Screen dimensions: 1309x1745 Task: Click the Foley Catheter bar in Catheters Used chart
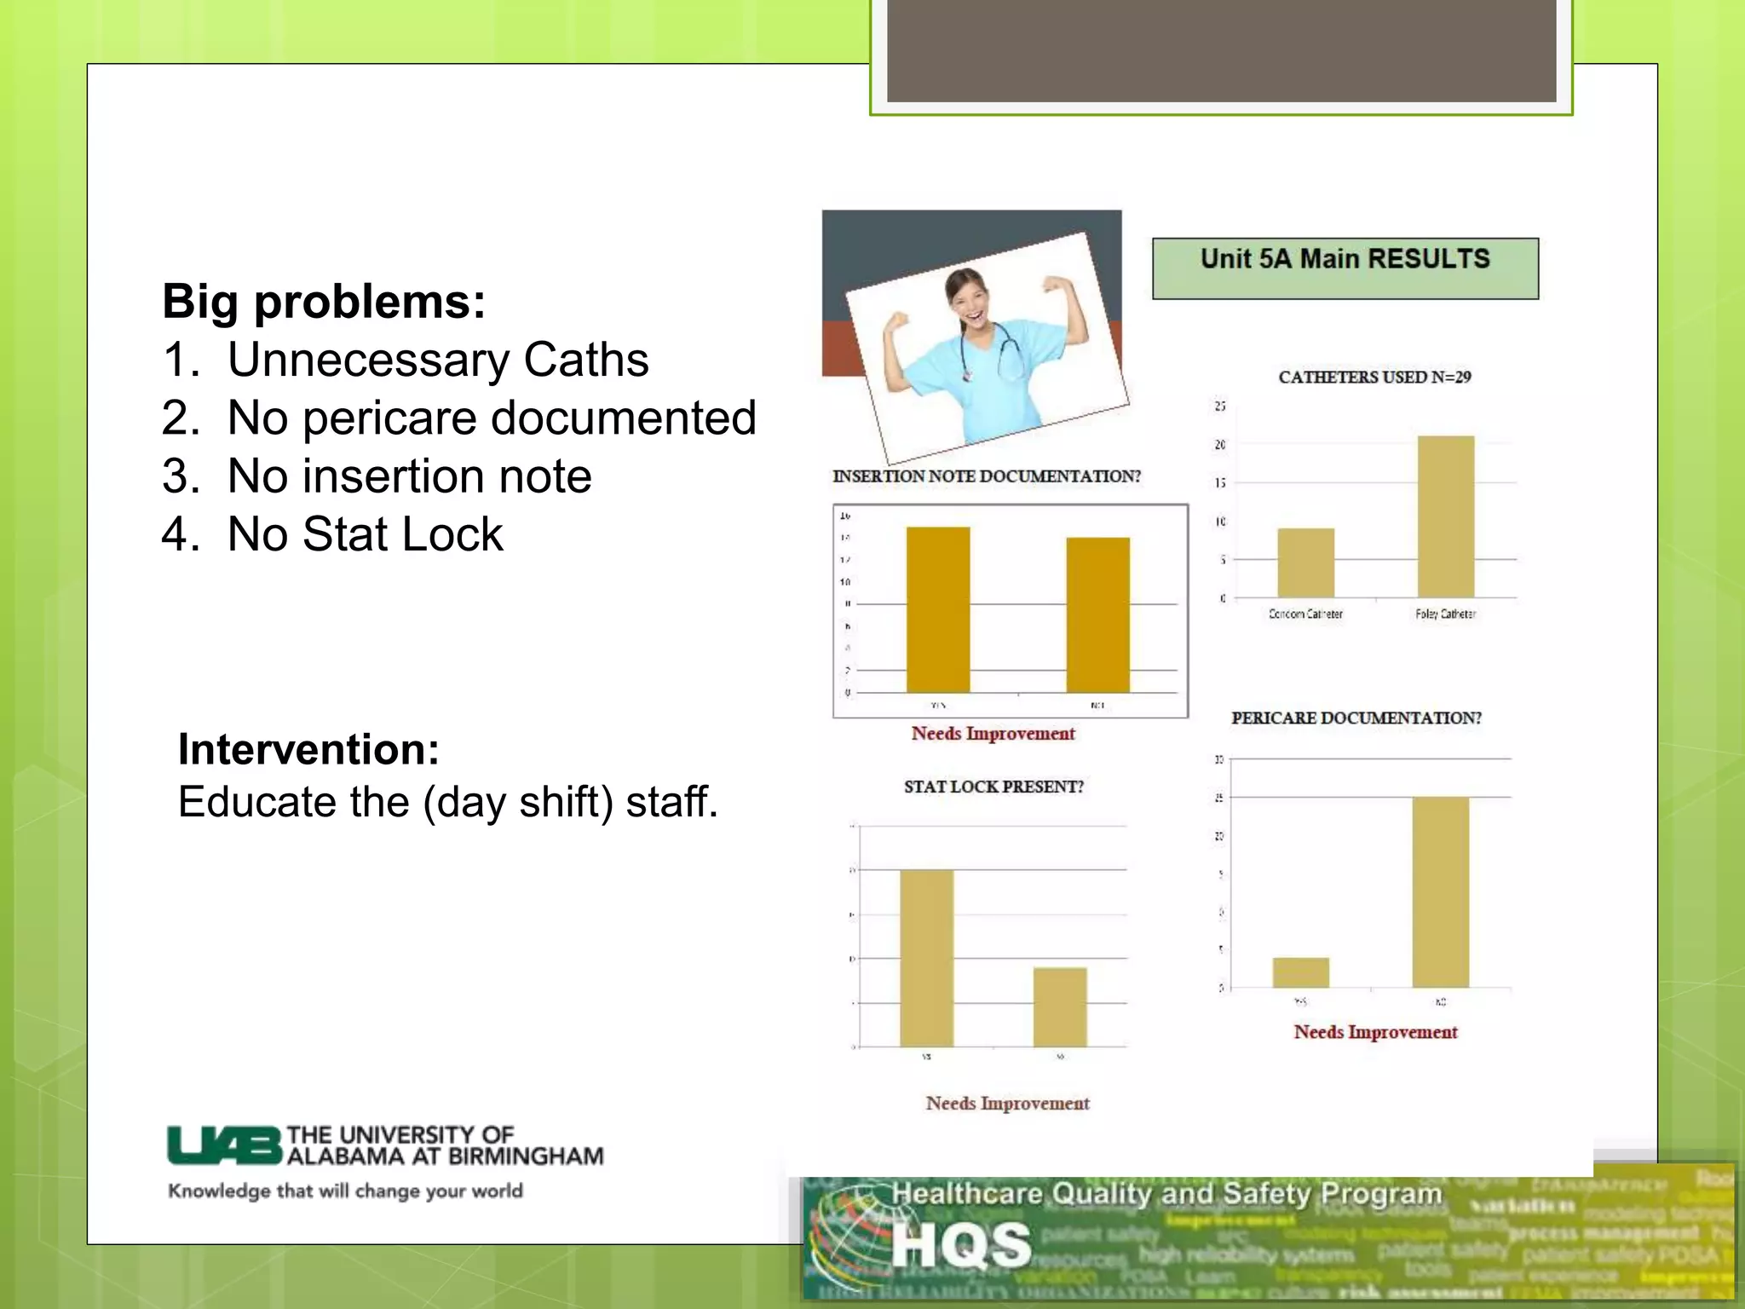tap(1445, 516)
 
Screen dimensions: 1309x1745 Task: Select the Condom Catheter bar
tap(1305, 562)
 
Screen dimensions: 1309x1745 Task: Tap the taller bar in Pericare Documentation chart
tap(1440, 891)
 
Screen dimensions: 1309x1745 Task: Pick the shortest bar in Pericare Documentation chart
tap(1300, 972)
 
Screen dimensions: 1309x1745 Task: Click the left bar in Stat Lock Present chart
tap(926, 958)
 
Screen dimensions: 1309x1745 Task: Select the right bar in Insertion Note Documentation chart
tap(1097, 614)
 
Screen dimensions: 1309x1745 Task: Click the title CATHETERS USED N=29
tap(1374, 377)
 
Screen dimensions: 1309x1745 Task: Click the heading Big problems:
tap(324, 302)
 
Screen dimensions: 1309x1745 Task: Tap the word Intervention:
tap(308, 749)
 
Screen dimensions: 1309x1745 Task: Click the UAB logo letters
tap(224, 1145)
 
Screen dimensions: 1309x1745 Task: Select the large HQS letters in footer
tap(961, 1245)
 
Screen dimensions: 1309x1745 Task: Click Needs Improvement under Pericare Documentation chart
tap(1375, 1032)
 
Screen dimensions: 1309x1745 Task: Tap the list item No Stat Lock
tap(365, 534)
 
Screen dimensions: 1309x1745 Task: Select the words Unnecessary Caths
tap(438, 360)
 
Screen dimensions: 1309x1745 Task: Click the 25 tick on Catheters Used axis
tap(1220, 406)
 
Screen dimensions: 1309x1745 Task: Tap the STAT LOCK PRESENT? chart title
tap(993, 787)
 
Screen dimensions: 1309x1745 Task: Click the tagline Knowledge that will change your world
tap(345, 1191)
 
